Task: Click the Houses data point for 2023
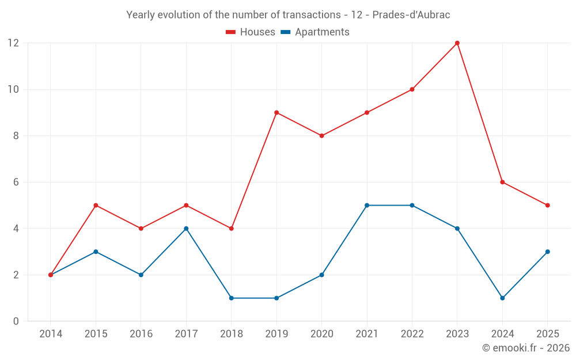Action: pos(457,43)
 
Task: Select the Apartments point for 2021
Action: pos(367,205)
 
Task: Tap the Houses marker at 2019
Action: pos(276,112)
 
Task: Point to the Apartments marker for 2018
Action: pos(231,298)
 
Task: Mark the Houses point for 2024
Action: pos(502,182)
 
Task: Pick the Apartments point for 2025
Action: pos(547,252)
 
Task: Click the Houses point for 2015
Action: pos(96,205)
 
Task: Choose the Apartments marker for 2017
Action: pos(186,229)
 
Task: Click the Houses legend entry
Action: pos(251,32)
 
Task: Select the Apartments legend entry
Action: pos(315,32)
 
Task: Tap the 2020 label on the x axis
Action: pos(321,334)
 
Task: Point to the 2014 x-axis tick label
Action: pos(51,334)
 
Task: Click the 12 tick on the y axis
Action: pos(13,43)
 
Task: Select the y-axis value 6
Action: pos(16,182)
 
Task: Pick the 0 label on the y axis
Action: pos(16,321)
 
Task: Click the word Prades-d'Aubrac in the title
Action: pos(411,15)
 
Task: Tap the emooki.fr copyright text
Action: pos(526,348)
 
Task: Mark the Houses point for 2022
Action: pos(412,89)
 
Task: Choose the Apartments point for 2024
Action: pos(502,298)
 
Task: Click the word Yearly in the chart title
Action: pos(141,15)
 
